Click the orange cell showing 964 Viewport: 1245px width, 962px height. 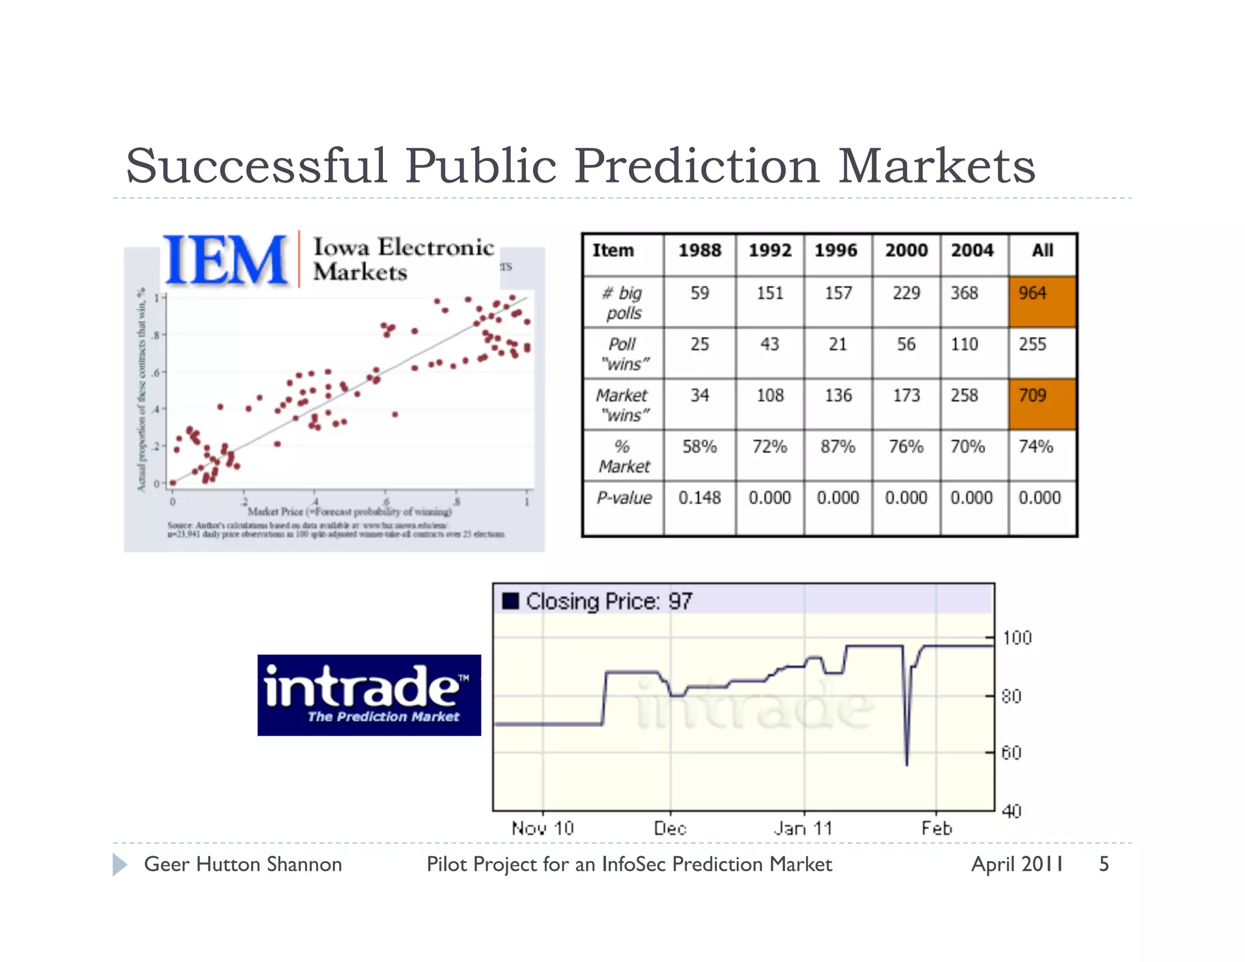tap(1042, 302)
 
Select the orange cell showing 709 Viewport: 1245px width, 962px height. tap(1042, 404)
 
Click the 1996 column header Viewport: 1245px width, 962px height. tap(836, 251)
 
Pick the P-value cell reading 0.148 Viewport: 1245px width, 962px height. tap(699, 498)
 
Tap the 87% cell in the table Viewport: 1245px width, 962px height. tap(838, 447)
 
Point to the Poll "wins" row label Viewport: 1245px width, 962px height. tap(624, 354)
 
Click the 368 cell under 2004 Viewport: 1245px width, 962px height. tap(965, 293)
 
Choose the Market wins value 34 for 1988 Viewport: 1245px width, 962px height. tap(699, 396)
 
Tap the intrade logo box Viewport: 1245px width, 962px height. tap(369, 695)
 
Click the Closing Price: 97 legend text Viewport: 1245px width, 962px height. tap(609, 601)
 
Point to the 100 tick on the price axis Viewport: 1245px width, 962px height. tap(1017, 638)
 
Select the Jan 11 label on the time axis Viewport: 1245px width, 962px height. tap(803, 828)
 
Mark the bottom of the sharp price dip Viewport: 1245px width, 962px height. tap(906, 764)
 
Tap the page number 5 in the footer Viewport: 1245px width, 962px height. tap(1104, 864)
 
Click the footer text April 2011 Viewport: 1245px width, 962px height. tap(1017, 864)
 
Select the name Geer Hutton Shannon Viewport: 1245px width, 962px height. tap(243, 864)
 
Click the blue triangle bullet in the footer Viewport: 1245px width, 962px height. tap(120, 864)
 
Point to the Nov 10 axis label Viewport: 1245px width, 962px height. tap(542, 828)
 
